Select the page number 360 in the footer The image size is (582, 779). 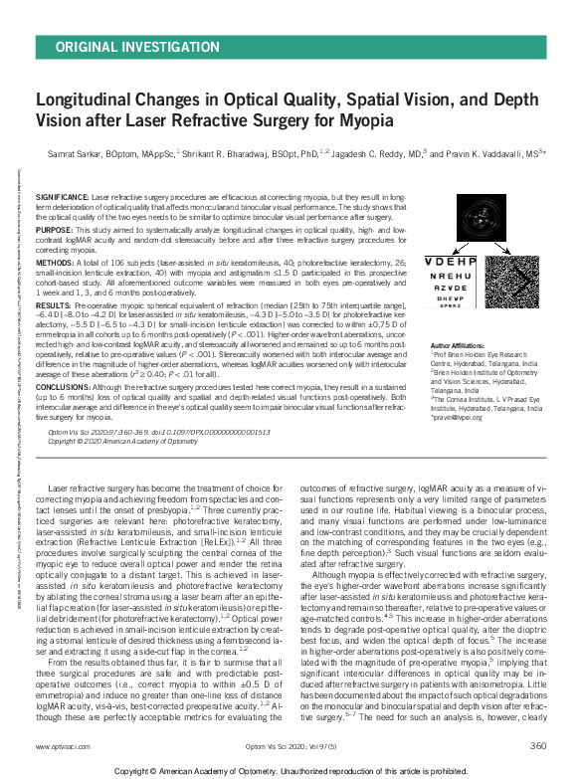click(537, 745)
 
